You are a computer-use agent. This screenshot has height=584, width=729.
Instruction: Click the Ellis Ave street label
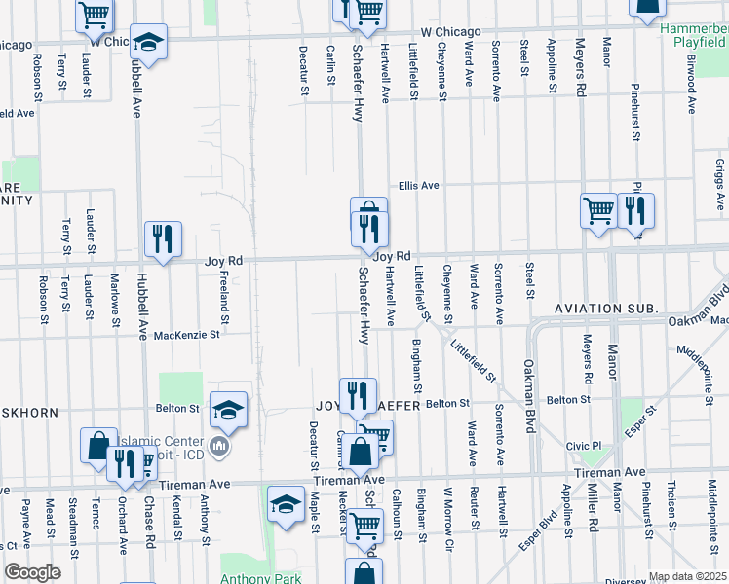[418, 186]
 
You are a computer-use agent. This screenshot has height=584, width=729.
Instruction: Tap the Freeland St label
[223, 299]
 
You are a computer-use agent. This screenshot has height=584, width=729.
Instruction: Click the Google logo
[32, 571]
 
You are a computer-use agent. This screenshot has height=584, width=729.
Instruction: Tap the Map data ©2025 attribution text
[688, 576]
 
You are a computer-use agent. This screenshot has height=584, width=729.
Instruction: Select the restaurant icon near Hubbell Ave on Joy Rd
[163, 238]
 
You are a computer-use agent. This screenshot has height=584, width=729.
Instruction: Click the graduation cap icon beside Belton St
[229, 409]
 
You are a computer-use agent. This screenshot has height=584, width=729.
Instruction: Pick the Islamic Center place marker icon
[219, 446]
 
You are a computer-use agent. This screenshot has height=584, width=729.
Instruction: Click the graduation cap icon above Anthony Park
[286, 504]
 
